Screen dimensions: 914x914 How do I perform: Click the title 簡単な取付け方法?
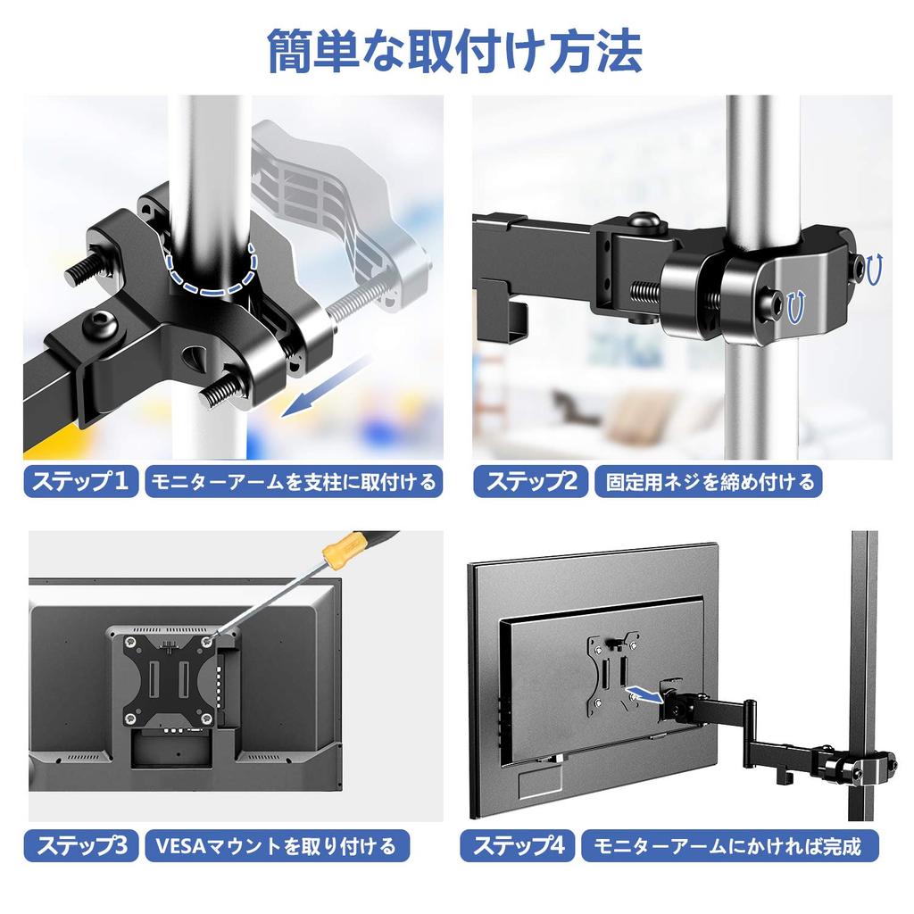(455, 52)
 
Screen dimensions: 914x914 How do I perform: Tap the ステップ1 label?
(80, 483)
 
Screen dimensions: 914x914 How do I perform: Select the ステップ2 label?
(530, 483)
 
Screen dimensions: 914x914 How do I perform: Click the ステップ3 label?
(80, 845)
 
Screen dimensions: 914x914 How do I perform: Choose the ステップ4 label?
(519, 845)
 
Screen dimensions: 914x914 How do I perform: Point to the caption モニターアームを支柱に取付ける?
(294, 483)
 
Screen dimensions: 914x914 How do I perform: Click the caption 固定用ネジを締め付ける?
(710, 483)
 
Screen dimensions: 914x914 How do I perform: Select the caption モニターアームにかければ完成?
(728, 845)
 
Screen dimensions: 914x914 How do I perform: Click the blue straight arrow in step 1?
(326, 386)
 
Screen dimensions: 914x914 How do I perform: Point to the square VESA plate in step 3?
(170, 677)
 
